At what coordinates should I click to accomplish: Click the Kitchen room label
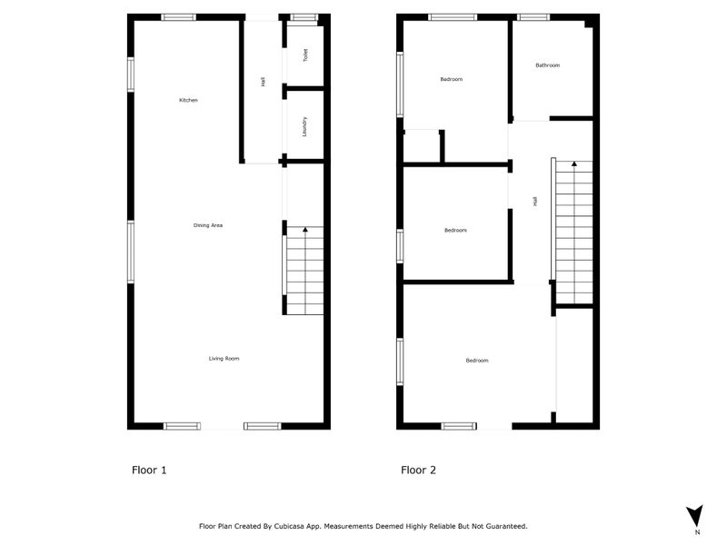pyautogui.click(x=188, y=100)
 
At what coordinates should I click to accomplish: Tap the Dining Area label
pyautogui.click(x=208, y=225)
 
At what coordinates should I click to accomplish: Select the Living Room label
pyautogui.click(x=224, y=359)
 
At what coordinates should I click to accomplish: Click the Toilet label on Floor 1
pyautogui.click(x=306, y=54)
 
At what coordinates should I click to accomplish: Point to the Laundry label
pyautogui.click(x=304, y=126)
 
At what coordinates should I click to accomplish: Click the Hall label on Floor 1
pyautogui.click(x=263, y=82)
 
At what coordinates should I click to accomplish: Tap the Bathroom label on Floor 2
pyautogui.click(x=547, y=65)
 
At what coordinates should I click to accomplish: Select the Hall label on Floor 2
pyautogui.click(x=535, y=201)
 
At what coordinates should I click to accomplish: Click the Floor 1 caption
pyautogui.click(x=149, y=471)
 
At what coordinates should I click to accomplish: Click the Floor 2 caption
pyautogui.click(x=418, y=471)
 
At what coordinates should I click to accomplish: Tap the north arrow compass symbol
pyautogui.click(x=695, y=516)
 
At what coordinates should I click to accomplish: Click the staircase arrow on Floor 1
pyautogui.click(x=304, y=231)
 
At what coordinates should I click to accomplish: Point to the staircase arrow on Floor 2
pyautogui.click(x=573, y=164)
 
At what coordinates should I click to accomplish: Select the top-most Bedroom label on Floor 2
pyautogui.click(x=451, y=79)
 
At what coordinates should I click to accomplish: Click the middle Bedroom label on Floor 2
pyautogui.click(x=455, y=230)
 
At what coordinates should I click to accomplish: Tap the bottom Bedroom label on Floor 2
pyautogui.click(x=477, y=361)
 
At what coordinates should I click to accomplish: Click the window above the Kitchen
pyautogui.click(x=178, y=17)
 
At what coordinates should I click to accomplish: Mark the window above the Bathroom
pyautogui.click(x=533, y=17)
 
